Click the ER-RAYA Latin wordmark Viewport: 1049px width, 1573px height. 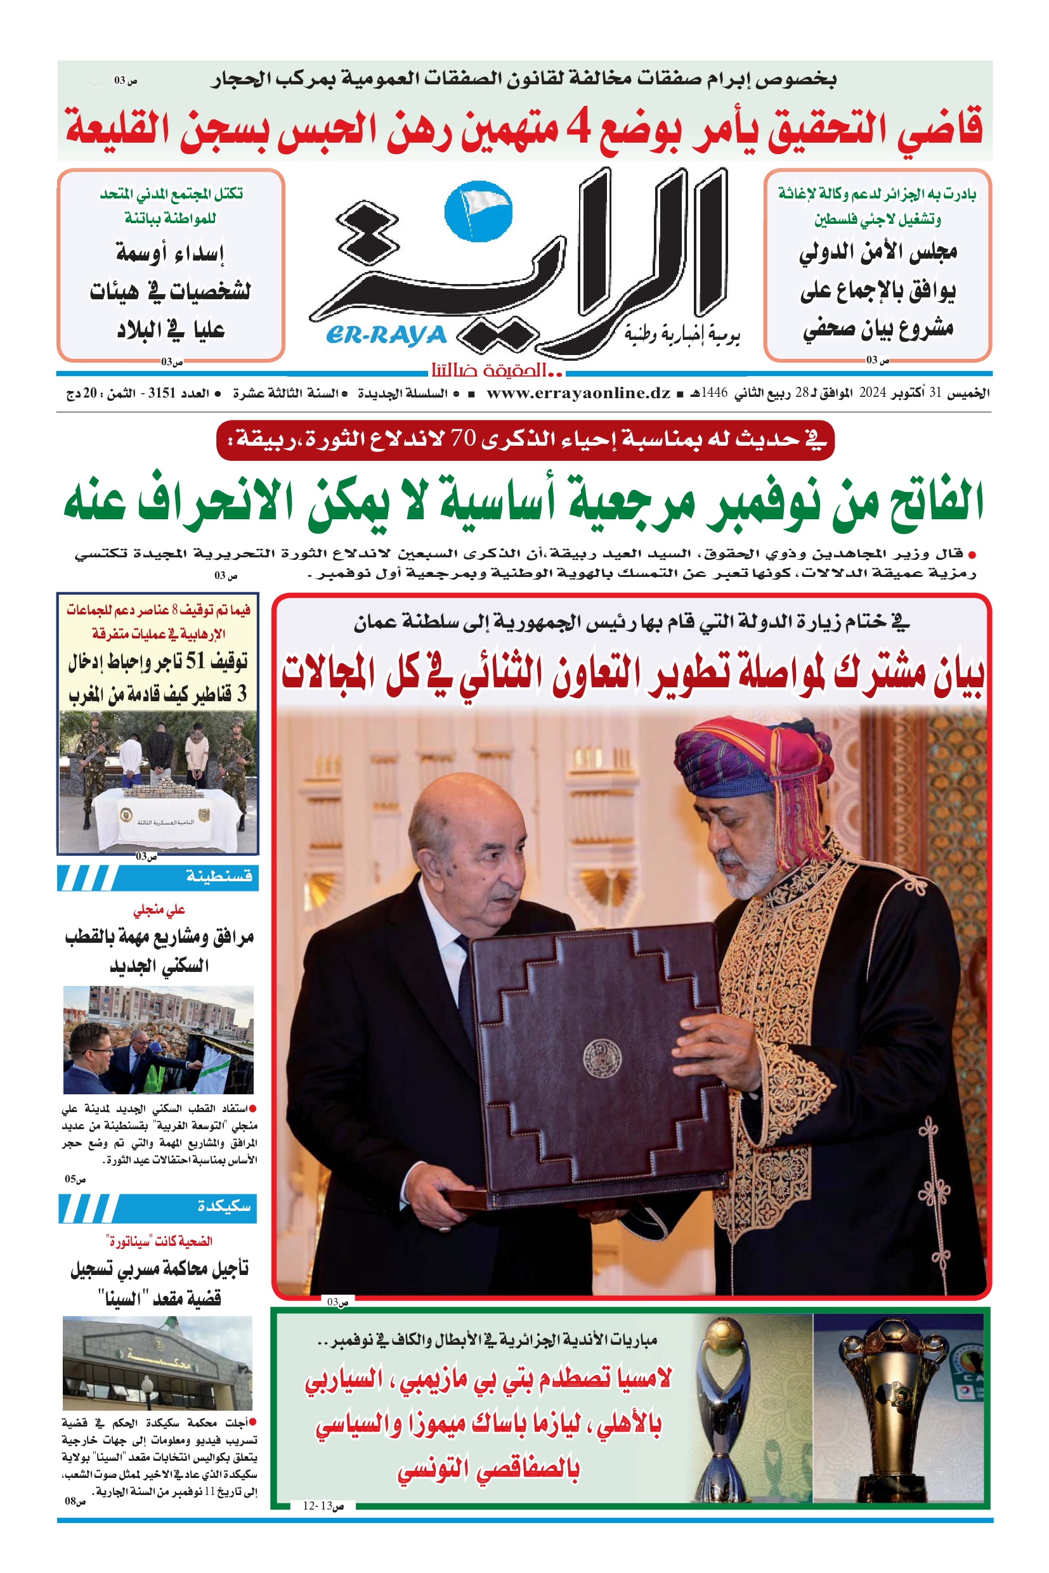tap(386, 335)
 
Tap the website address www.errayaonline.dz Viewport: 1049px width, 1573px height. tap(578, 393)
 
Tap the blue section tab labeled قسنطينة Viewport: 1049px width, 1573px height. tap(219, 877)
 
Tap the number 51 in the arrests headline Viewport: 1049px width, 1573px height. tap(195, 661)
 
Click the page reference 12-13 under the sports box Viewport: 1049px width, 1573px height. tap(317, 1506)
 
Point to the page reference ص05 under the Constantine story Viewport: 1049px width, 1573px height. tap(75, 1179)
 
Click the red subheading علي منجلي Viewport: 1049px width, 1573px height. tap(159, 910)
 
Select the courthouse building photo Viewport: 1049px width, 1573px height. tap(157, 1364)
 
